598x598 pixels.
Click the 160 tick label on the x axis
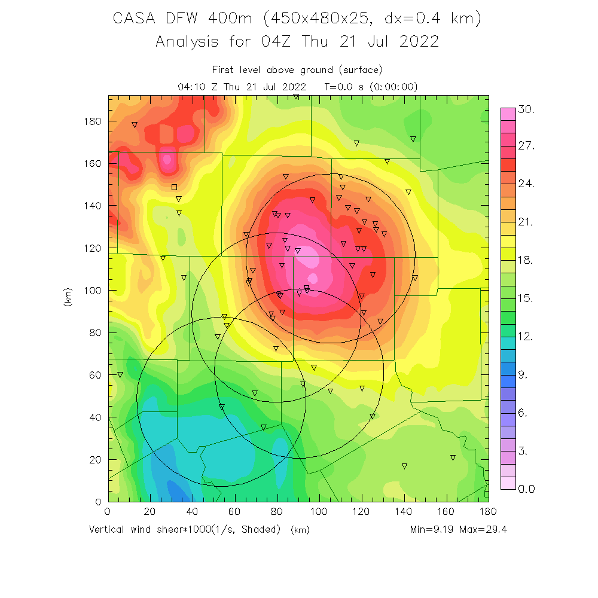[x=446, y=512]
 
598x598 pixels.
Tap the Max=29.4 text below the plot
[x=484, y=530]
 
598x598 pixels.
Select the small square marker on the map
[x=174, y=187]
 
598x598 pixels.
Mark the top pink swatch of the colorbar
[x=508, y=114]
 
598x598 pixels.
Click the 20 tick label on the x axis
[x=150, y=512]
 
